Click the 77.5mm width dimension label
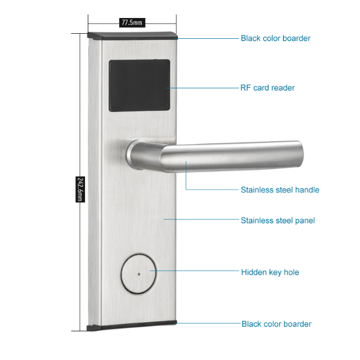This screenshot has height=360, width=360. pyautogui.click(x=132, y=23)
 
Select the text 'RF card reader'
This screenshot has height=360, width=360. pyautogui.click(x=267, y=88)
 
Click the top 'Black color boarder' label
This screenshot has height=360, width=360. pyautogui.click(x=275, y=38)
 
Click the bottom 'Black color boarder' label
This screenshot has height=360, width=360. pyautogui.click(x=276, y=324)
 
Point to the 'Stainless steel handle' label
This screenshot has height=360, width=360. pyautogui.click(x=280, y=190)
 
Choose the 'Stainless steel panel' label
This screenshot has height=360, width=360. pyautogui.click(x=277, y=220)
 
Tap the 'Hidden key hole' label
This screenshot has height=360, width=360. pyautogui.click(x=270, y=272)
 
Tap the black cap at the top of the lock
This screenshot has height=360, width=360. pyautogui.click(x=133, y=37)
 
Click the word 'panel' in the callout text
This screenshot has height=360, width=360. pyautogui.click(x=304, y=220)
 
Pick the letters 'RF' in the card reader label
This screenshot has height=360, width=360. pyautogui.click(x=246, y=88)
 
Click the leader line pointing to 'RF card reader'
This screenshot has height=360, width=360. pyautogui.click(x=202, y=88)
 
